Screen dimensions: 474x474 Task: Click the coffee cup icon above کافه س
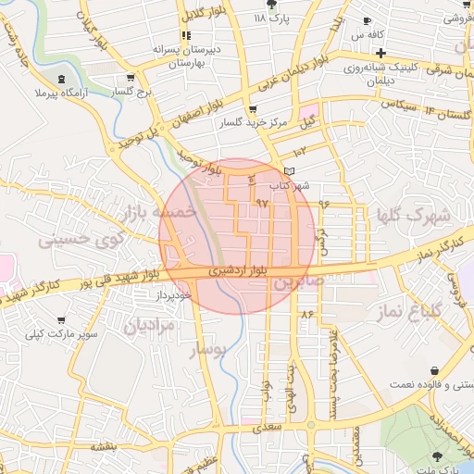(368, 20)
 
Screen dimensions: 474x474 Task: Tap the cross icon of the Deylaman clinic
(380, 53)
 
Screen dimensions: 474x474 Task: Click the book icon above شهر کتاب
(289, 171)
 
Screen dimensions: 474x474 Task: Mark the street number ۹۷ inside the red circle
(261, 202)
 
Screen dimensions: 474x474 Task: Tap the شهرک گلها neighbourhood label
(414, 218)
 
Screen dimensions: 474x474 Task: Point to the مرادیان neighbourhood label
(151, 325)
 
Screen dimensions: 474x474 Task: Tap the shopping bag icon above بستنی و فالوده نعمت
(435, 370)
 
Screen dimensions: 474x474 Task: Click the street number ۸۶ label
(308, 316)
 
